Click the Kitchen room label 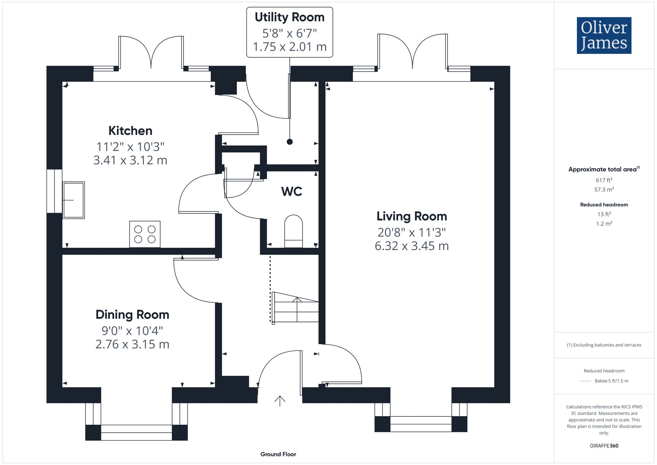(130, 131)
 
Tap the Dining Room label (132, 315)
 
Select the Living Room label (412, 216)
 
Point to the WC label (292, 191)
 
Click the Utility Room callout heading (289, 17)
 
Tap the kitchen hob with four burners (145, 234)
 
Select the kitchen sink (74, 200)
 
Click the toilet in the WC (293, 231)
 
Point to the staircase (295, 307)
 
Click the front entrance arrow (280, 401)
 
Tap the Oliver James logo (604, 35)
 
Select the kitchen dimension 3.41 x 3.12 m (130, 160)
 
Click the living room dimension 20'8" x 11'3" (412, 232)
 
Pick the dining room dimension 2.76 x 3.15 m (132, 344)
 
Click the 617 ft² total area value (604, 180)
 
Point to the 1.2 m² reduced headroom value (604, 223)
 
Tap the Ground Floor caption (278, 454)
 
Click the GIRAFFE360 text (604, 446)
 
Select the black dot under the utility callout (289, 142)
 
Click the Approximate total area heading (604, 169)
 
